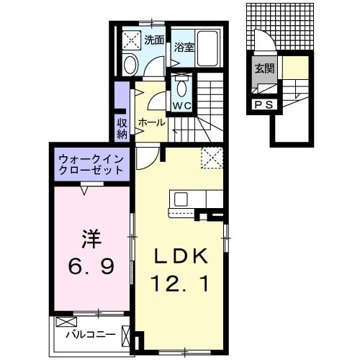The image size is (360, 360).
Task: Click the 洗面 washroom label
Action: pyautogui.click(x=153, y=40)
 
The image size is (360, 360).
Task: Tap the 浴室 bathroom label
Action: pyautogui.click(x=183, y=48)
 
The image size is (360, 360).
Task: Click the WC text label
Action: pyautogui.click(x=180, y=107)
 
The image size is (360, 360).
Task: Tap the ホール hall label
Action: pyautogui.click(x=150, y=122)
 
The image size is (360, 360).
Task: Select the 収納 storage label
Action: pyautogui.click(x=122, y=127)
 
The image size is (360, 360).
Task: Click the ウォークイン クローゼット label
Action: pyautogui.click(x=89, y=163)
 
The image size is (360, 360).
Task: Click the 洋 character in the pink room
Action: pyautogui.click(x=90, y=238)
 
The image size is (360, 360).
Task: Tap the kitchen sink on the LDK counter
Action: pyautogui.click(x=180, y=198)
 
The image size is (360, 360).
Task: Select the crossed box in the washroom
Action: pyautogui.click(x=132, y=40)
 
